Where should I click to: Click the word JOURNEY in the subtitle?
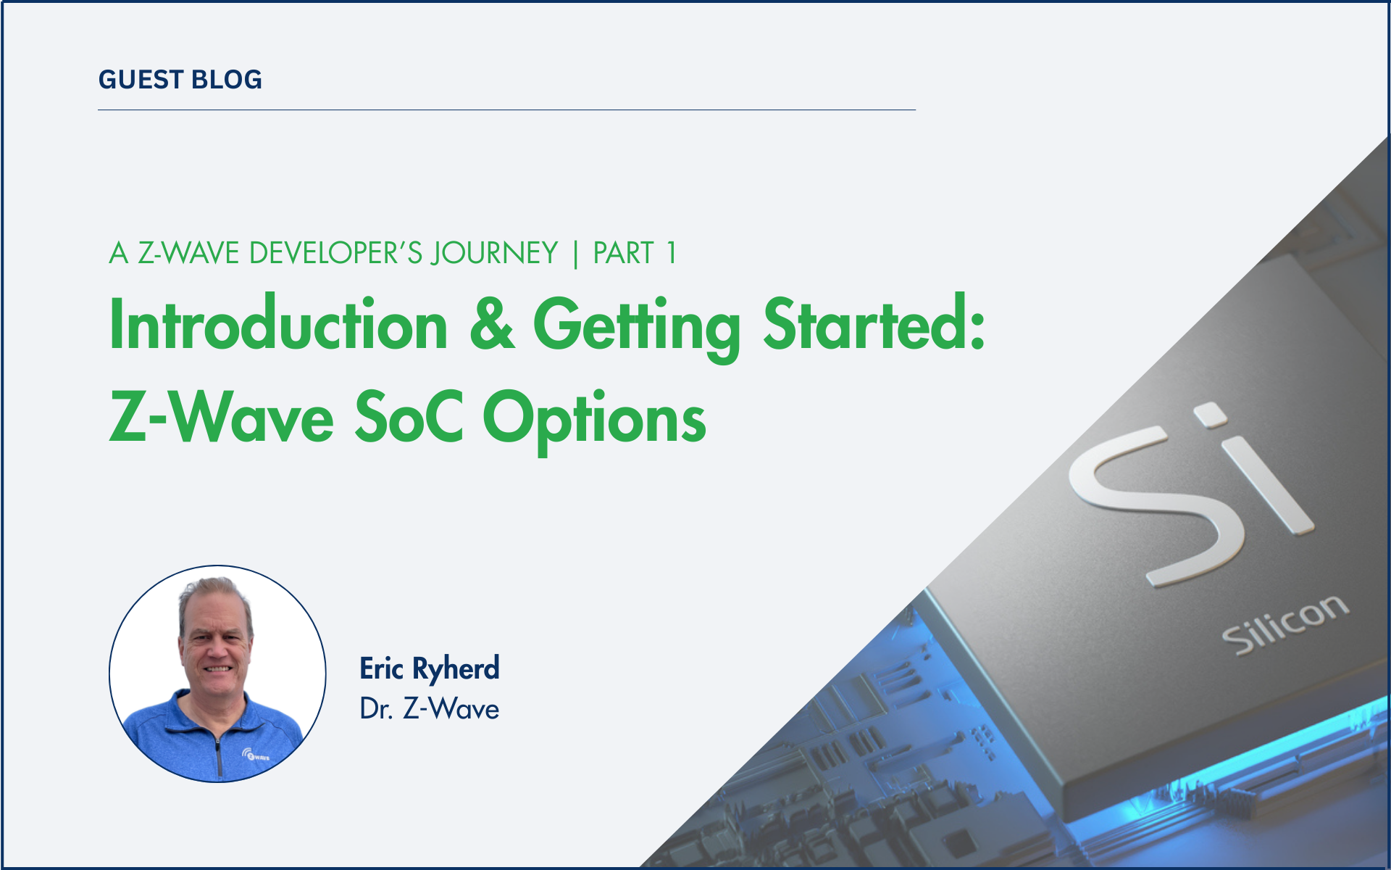click(x=494, y=253)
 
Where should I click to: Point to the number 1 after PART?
click(x=672, y=253)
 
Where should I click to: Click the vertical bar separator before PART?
click(x=576, y=254)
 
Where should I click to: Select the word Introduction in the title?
click(x=279, y=324)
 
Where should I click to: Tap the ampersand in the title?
click(x=492, y=324)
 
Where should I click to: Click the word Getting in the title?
click(x=637, y=328)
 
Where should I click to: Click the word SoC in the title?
click(x=409, y=417)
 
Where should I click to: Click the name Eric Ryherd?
click(x=430, y=668)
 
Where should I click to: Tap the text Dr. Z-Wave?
click(x=430, y=708)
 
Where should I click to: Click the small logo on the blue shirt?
click(x=255, y=755)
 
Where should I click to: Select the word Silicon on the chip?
click(x=1285, y=625)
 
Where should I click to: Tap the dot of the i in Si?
click(x=1211, y=415)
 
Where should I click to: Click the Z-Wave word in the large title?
click(x=221, y=417)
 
